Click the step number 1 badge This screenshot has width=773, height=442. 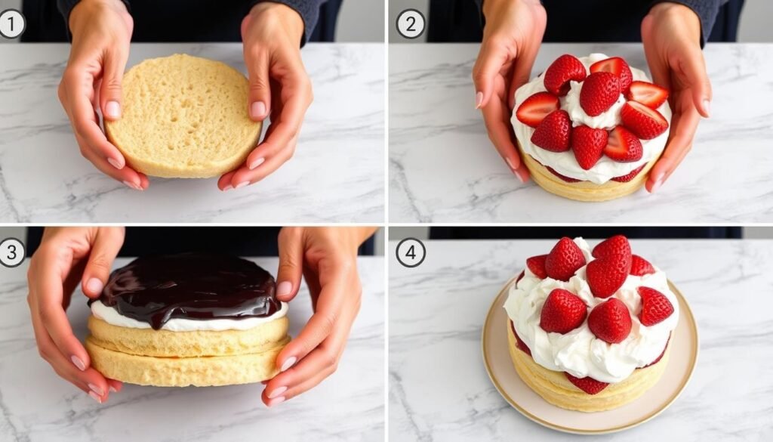click(11, 23)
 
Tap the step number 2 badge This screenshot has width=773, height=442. click(410, 23)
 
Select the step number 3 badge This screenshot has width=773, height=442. click(11, 252)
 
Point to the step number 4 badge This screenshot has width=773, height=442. click(410, 252)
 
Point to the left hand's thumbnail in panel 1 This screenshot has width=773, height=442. click(112, 110)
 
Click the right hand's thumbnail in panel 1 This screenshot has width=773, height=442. click(258, 110)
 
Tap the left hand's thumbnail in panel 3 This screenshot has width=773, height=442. click(94, 286)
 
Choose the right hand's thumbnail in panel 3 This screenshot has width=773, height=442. click(284, 289)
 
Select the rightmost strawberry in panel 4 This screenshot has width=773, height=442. click(654, 305)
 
